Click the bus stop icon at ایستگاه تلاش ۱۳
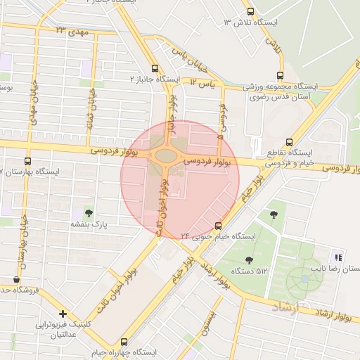251,11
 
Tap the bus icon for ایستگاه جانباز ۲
155,68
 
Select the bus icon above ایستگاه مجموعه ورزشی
281,75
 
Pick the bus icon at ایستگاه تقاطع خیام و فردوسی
290,141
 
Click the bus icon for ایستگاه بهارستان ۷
27,160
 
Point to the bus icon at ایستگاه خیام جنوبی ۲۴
218,226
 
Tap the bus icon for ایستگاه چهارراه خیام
124,341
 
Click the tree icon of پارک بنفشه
88,212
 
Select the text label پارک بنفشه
87,224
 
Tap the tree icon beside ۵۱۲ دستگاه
249,260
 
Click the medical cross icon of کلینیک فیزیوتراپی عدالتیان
63,314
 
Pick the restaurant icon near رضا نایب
338,257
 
